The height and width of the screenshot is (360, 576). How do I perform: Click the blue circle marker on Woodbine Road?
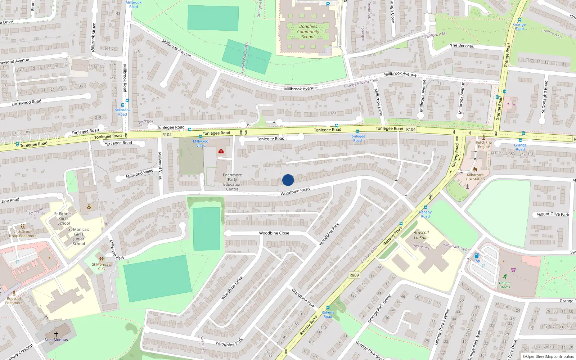[x=288, y=180]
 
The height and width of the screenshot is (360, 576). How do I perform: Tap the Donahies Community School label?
[x=308, y=32]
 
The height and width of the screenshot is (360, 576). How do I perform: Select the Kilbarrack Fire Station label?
[x=475, y=177]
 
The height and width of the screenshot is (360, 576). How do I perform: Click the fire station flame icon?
[x=475, y=169]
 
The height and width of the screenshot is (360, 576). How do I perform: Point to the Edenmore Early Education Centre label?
[x=232, y=182]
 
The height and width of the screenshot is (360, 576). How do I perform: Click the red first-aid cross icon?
[x=221, y=152]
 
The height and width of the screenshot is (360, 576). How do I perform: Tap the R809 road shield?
[x=354, y=275]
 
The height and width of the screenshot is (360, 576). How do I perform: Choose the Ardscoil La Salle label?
[x=421, y=235]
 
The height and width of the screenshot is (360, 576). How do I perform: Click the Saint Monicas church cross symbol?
[x=56, y=334]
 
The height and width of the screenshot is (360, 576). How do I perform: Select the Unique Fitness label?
[x=504, y=285]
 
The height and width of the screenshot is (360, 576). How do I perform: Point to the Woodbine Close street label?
[x=274, y=233]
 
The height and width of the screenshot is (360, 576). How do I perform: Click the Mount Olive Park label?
[x=553, y=214]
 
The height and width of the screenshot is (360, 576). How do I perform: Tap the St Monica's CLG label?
[x=102, y=266]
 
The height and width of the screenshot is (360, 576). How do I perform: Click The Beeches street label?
[x=462, y=46]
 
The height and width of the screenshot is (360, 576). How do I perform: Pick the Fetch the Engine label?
[x=484, y=144]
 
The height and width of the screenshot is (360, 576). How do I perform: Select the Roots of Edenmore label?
[x=14, y=301]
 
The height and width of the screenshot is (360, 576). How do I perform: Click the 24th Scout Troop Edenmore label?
[x=23, y=234]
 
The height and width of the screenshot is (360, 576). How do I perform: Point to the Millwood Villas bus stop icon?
[x=201, y=136]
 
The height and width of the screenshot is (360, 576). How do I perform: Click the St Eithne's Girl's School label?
[x=64, y=219]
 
